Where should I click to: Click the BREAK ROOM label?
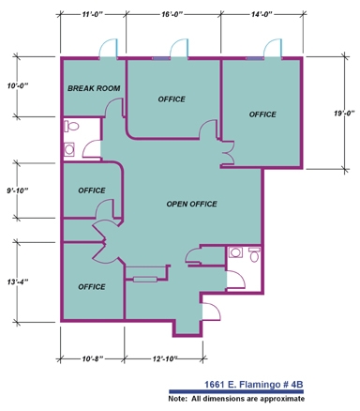point(94,88)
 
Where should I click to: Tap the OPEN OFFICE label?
point(191,204)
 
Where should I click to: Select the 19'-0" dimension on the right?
point(344,114)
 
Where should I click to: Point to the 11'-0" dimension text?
point(93,14)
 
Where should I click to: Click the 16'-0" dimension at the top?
point(172,14)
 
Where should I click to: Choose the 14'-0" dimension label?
point(262,14)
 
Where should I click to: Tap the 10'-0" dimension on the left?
point(18,85)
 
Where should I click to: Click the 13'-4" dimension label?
point(18,282)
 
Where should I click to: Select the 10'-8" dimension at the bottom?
point(93,358)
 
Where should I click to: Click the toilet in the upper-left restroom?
point(71,127)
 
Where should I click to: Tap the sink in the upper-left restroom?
point(69,149)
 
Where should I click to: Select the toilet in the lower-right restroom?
point(255,254)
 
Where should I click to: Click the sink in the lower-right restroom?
point(235,252)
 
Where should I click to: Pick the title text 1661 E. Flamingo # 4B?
point(254,385)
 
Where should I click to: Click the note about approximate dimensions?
point(236,399)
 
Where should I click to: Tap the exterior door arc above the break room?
point(109,46)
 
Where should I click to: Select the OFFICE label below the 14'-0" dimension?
point(262,114)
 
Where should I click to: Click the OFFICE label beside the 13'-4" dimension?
point(92,287)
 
